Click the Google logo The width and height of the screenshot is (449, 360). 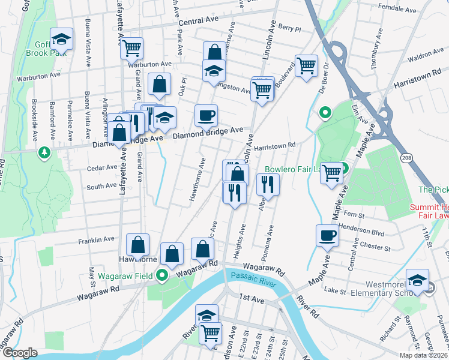click(x=20, y=353)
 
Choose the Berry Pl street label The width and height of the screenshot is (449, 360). click(x=289, y=28)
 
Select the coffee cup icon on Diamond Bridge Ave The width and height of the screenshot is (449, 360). click(x=206, y=116)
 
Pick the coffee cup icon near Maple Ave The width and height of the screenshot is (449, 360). click(x=327, y=236)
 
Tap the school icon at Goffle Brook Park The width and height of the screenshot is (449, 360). click(x=61, y=40)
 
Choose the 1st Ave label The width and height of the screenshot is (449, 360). click(x=252, y=298)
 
